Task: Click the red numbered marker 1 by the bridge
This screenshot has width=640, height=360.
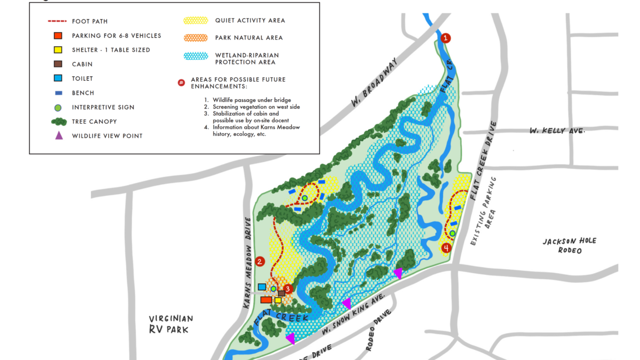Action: (x=446, y=38)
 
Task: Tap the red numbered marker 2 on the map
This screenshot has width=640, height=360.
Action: (x=259, y=262)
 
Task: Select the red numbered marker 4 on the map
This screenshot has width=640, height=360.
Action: (x=446, y=248)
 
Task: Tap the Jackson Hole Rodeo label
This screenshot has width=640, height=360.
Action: (x=569, y=245)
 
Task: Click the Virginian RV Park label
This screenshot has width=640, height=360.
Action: (x=171, y=324)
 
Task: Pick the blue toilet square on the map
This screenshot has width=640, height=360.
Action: (x=262, y=287)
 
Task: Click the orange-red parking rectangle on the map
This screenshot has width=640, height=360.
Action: (x=266, y=300)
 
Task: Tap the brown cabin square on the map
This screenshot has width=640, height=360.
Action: (x=282, y=293)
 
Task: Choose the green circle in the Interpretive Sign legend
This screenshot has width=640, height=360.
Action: (x=58, y=107)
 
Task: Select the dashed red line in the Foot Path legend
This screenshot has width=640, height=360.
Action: (x=58, y=22)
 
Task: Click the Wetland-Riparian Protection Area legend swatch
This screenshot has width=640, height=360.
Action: (x=195, y=56)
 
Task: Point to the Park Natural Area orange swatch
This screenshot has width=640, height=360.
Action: (x=195, y=38)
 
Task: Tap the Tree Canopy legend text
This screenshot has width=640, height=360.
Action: (x=94, y=122)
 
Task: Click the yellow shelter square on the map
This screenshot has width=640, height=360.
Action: (x=278, y=300)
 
